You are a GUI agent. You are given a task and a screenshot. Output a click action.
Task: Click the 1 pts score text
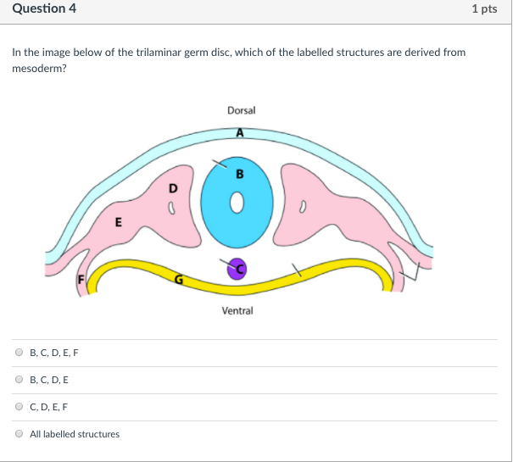coord(484,9)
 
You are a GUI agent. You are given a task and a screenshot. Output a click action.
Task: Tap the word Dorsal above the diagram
coord(241,111)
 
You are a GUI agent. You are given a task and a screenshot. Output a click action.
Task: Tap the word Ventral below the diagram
coord(237,311)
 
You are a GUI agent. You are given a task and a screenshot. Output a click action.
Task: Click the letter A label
coord(240,133)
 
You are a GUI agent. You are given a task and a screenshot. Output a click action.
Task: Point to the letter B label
coord(240,175)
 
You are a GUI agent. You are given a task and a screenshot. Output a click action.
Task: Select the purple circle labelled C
coord(237,269)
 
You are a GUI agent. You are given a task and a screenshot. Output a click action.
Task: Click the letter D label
coord(174,186)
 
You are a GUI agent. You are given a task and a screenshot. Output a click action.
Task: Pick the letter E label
coord(118,224)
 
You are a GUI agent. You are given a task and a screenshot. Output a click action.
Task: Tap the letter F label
coord(82,280)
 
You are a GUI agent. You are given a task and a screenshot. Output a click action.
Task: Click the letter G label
coord(177,279)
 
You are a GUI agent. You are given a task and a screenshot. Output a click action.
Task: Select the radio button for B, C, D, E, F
coord(20,353)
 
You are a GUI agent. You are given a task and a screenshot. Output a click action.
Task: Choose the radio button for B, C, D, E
coord(20,380)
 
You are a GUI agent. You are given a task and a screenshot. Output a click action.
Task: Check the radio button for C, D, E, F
coord(20,407)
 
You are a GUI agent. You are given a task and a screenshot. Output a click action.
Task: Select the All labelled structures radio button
coord(20,434)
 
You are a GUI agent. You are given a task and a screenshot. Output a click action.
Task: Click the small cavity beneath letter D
coord(172,205)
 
